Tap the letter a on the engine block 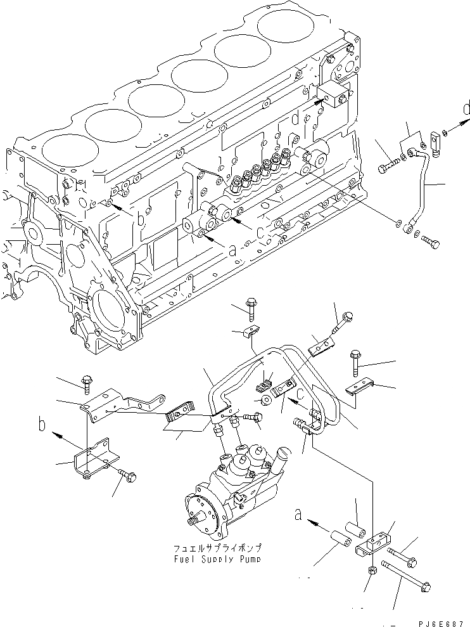[232, 250]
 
